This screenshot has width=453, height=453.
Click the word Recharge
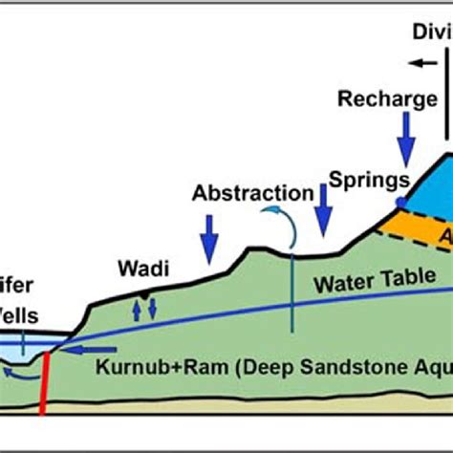[387, 99]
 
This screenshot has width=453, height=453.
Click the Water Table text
[372, 283]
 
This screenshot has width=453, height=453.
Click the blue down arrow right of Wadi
[209, 235]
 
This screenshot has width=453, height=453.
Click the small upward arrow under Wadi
[136, 309]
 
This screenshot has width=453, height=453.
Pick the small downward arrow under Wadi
[149, 310]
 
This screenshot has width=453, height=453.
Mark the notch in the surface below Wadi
[142, 295]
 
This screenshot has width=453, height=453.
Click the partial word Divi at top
[431, 31]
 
